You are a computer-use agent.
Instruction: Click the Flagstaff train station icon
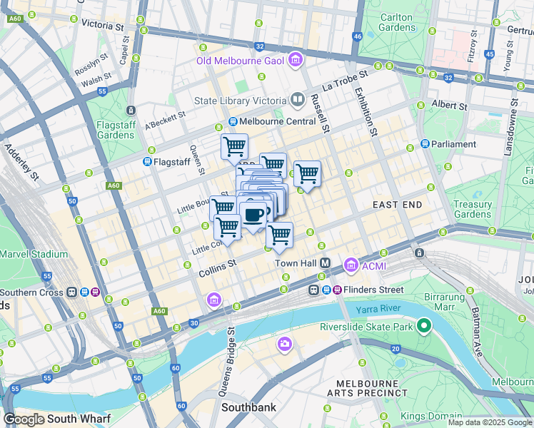148,162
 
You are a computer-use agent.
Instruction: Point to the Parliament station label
453,144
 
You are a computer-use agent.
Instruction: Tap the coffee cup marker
253,213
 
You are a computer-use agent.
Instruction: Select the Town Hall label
296,263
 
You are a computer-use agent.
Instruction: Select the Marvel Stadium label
34,254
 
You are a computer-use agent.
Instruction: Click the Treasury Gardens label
473,209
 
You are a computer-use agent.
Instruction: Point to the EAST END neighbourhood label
397,205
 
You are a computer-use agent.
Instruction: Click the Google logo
24,419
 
